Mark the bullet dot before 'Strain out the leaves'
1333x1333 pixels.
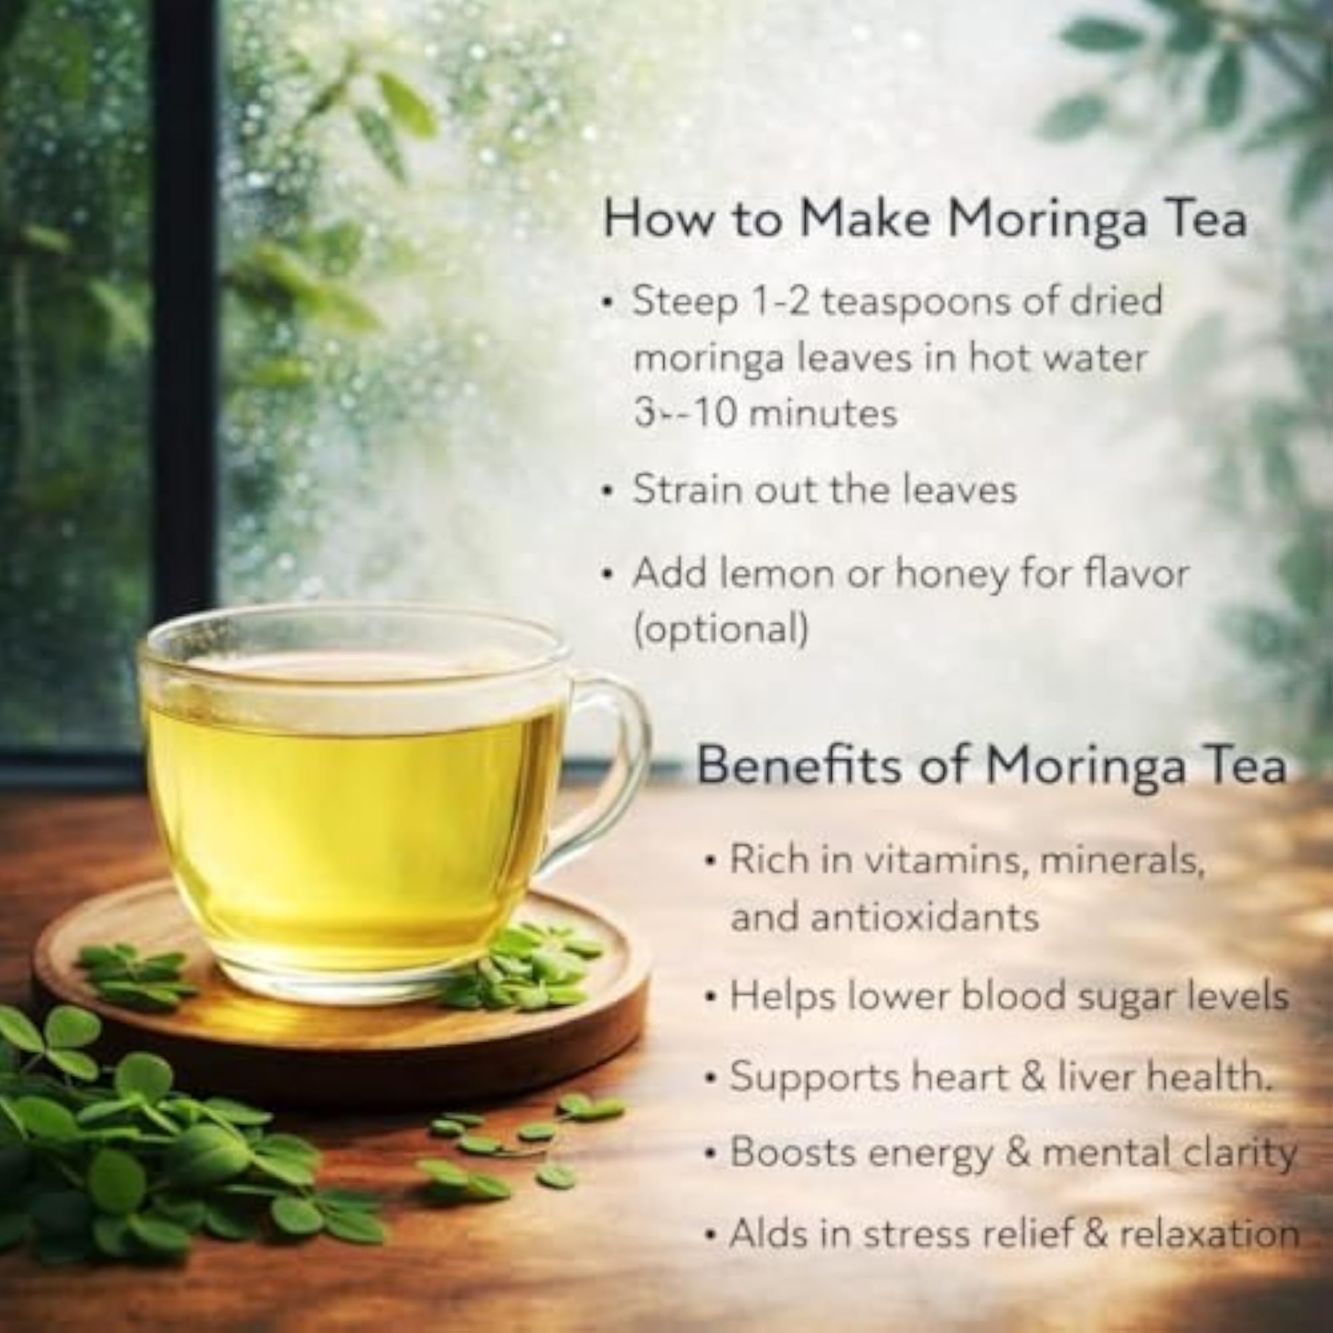(x=607, y=492)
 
